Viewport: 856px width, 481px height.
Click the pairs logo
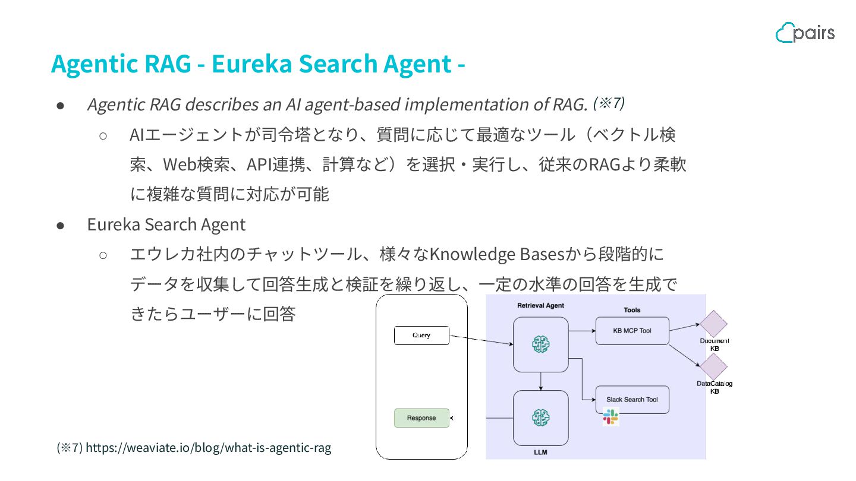click(x=805, y=33)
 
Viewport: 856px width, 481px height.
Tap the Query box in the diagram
click(x=421, y=336)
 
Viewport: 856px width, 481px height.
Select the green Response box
click(x=421, y=418)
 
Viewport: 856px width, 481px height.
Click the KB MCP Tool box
click(x=632, y=331)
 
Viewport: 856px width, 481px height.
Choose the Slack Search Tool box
click(x=632, y=400)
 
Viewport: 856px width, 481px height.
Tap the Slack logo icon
click(x=610, y=417)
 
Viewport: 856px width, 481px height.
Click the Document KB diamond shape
click(x=714, y=324)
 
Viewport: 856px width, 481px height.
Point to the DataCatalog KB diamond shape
click(x=714, y=368)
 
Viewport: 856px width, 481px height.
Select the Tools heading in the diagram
click(x=632, y=310)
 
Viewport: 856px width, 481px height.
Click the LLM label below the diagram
click(x=540, y=452)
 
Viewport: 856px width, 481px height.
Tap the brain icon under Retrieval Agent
click(x=540, y=344)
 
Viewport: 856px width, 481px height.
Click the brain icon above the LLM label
click(x=540, y=417)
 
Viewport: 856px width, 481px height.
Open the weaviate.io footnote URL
click(x=208, y=448)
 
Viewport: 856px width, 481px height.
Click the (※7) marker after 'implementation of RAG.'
click(x=609, y=103)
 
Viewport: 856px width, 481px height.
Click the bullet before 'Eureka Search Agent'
click(x=60, y=226)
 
